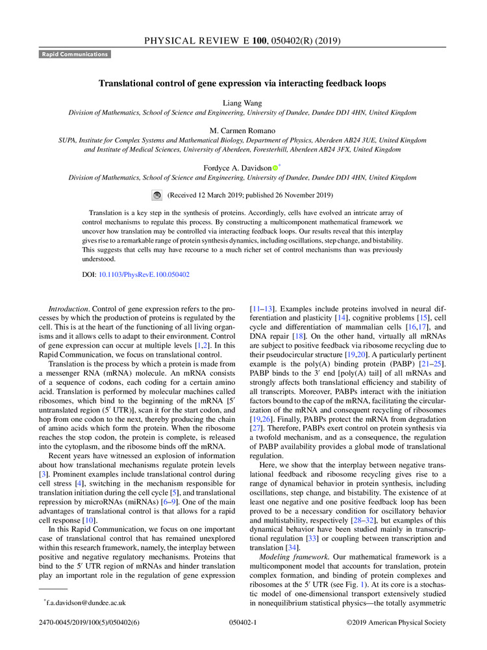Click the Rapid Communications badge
tap(75, 55)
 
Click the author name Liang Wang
tap(243, 101)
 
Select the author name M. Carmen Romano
tap(243, 130)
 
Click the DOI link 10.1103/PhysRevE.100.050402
tap(144, 275)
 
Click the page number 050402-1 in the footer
tap(243, 623)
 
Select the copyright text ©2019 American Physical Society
tap(396, 623)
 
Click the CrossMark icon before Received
tap(156, 195)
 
